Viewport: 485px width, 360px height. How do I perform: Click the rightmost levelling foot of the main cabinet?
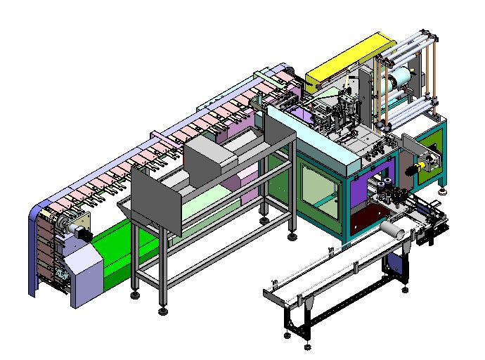442,190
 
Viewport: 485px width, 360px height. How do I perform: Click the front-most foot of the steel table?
164,309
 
